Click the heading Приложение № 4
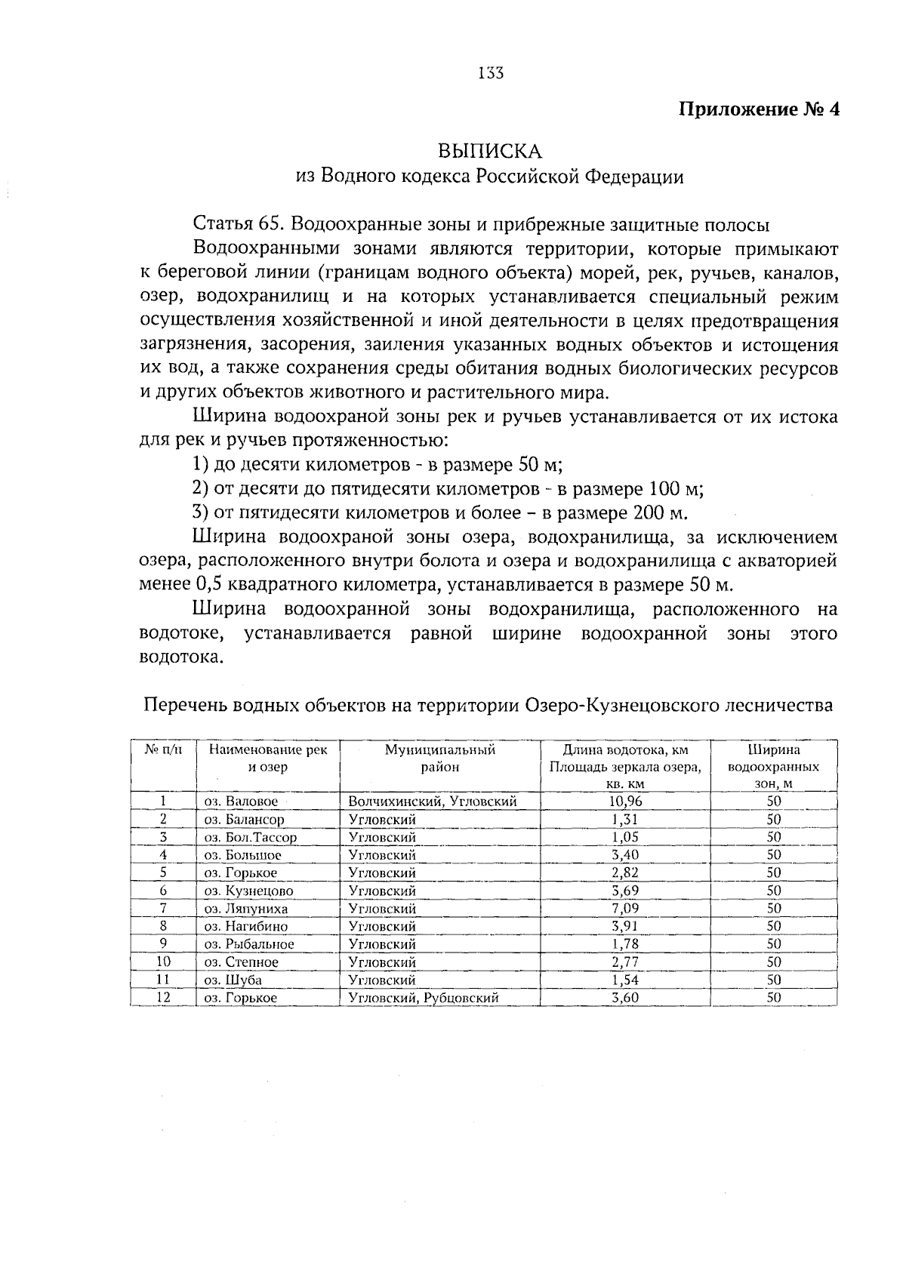tap(760, 109)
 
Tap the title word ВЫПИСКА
tap(491, 151)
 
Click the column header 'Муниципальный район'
tap(440, 759)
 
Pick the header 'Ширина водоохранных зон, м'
tap(774, 767)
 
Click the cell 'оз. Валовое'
tap(241, 802)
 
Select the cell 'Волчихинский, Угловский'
tap(433, 802)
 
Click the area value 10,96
tap(626, 802)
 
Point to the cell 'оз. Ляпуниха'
tap(245, 909)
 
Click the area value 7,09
tap(626, 909)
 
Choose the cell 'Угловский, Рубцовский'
tap(424, 998)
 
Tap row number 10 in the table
tap(163, 962)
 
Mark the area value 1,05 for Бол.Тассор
tap(626, 837)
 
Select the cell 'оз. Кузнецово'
tap(248, 891)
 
